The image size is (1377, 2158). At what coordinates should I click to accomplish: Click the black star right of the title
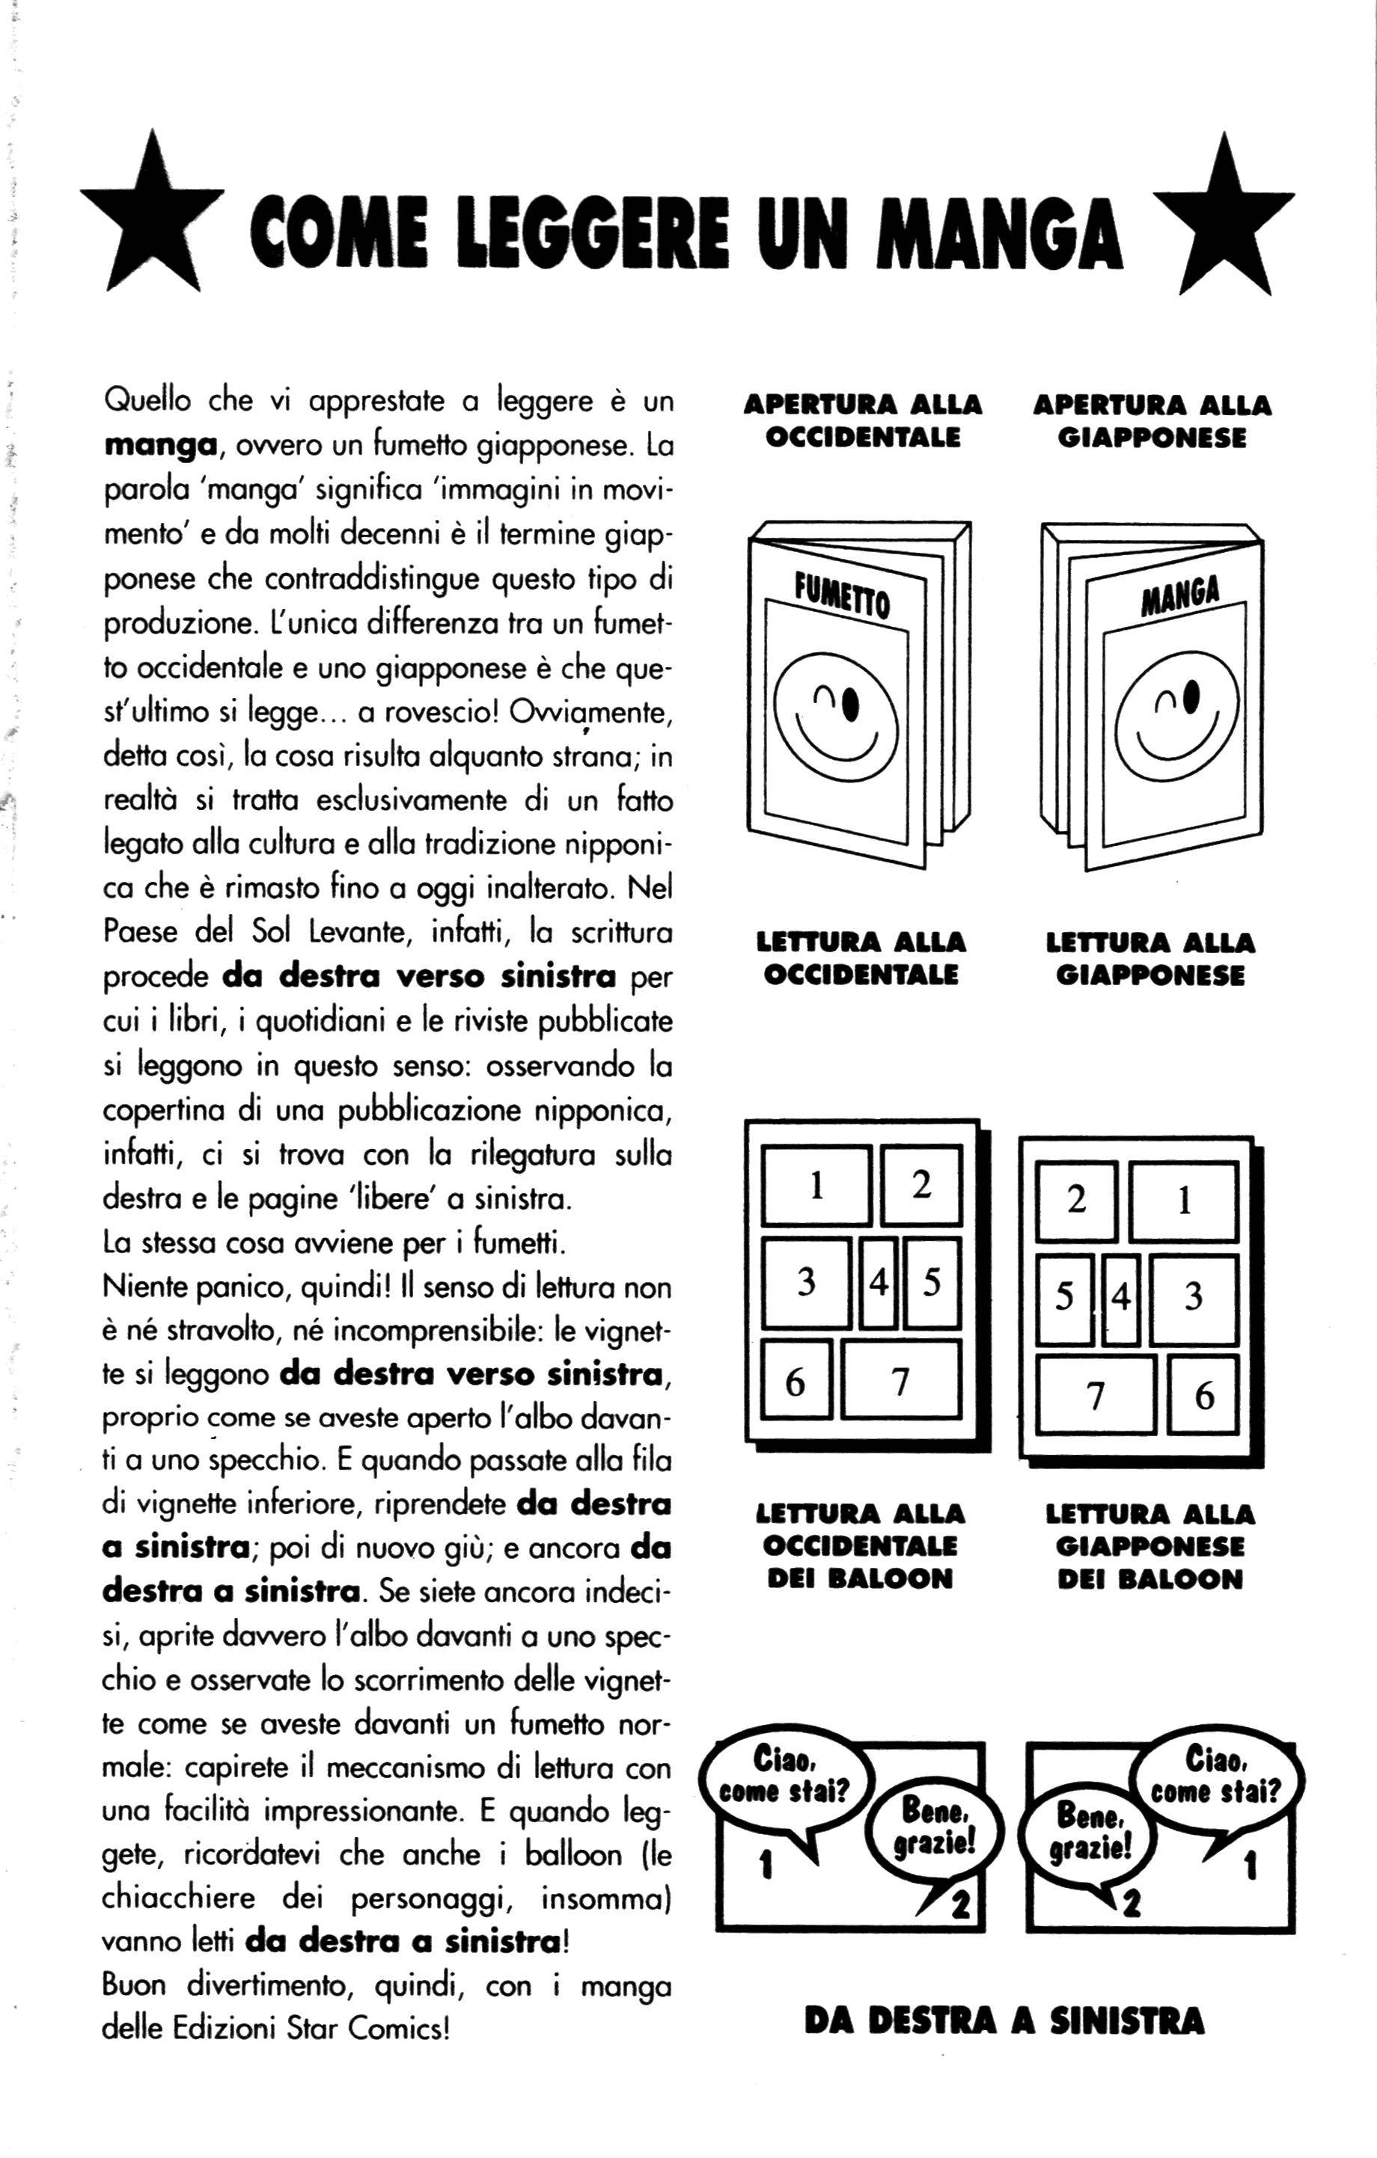[1222, 220]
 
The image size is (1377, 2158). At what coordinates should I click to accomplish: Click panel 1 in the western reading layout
[816, 1185]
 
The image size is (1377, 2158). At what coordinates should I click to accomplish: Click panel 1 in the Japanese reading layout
[1183, 1200]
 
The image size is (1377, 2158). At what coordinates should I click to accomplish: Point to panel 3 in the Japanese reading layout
[1193, 1297]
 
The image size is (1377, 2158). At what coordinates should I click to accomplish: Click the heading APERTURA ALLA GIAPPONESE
[1152, 421]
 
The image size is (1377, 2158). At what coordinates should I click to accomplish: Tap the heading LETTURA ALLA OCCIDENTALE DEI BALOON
[861, 1546]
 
